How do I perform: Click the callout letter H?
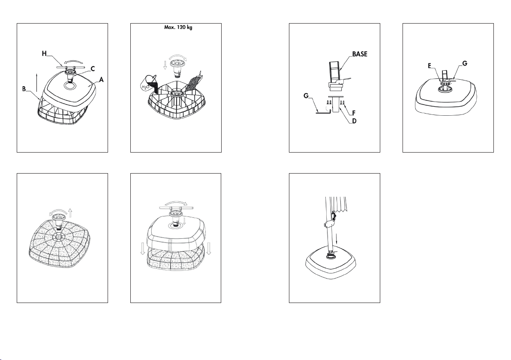click(x=45, y=54)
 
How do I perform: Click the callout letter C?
click(x=93, y=69)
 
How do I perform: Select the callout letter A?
click(x=101, y=79)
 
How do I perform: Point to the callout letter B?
click(x=24, y=89)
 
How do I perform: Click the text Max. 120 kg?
click(x=178, y=27)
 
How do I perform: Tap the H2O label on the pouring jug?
click(x=146, y=87)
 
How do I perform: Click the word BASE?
click(x=360, y=54)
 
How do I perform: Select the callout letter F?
click(x=354, y=114)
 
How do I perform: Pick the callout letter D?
click(x=354, y=121)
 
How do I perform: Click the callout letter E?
click(x=430, y=66)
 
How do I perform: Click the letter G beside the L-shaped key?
click(x=306, y=96)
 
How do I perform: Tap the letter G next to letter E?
click(x=465, y=63)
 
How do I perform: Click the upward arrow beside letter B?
click(x=37, y=83)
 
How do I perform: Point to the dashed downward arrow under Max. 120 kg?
click(x=165, y=64)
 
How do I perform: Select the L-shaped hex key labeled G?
click(x=323, y=111)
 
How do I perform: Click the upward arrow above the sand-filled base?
click(x=70, y=213)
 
